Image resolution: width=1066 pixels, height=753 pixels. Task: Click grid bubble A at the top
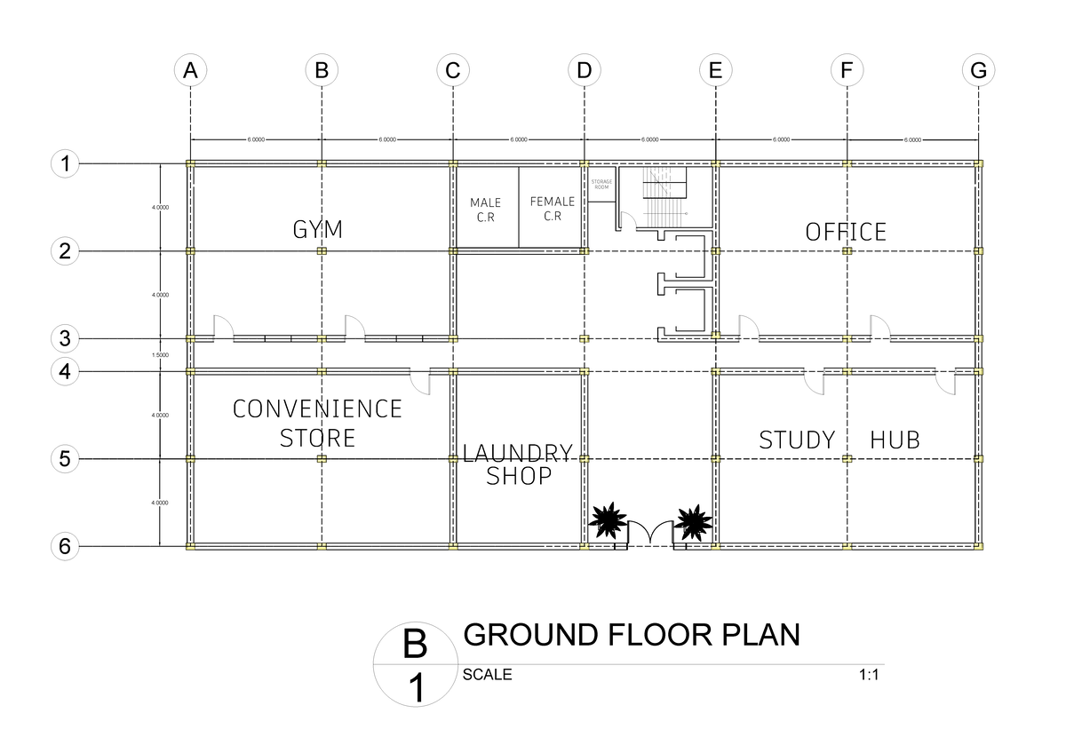point(190,71)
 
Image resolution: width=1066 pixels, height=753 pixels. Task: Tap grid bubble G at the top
point(978,71)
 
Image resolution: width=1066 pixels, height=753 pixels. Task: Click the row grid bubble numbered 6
point(64,546)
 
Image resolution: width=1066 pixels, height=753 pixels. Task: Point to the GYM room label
point(318,231)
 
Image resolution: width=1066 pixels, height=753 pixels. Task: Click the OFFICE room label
point(846,233)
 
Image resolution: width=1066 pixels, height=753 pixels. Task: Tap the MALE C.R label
point(486,210)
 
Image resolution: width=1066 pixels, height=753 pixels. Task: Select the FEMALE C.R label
point(552,209)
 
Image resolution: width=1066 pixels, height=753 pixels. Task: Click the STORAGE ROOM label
point(601,185)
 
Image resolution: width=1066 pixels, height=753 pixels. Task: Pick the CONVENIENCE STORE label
point(318,423)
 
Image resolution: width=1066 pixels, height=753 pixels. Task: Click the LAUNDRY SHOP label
point(518,464)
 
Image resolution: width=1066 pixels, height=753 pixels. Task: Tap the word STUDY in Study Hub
point(797,440)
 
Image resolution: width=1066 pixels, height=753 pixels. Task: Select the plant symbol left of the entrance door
point(608,521)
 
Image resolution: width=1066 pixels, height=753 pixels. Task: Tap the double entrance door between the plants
point(650,534)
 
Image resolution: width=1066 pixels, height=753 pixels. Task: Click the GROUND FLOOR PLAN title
point(632,635)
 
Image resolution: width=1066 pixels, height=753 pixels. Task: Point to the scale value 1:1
point(868,675)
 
